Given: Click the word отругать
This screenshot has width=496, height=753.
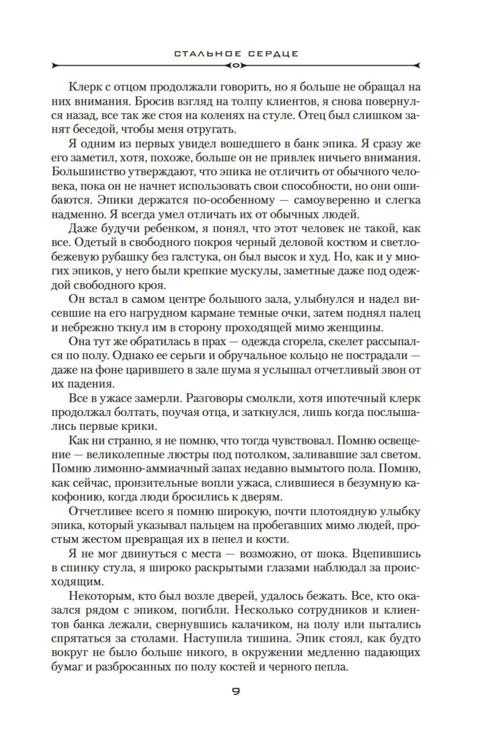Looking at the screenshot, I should tap(211, 129).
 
